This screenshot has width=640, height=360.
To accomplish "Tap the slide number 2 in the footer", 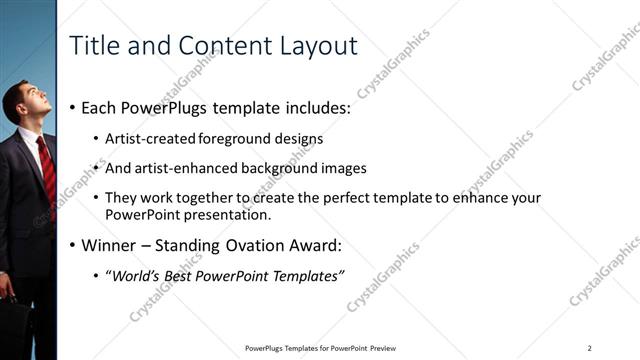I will [x=589, y=348].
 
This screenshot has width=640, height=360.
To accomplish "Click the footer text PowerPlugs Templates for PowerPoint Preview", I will [x=321, y=348].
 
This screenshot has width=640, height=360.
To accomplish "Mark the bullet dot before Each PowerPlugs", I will [x=73, y=107].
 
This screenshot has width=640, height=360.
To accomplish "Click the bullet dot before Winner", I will [x=73, y=245].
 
